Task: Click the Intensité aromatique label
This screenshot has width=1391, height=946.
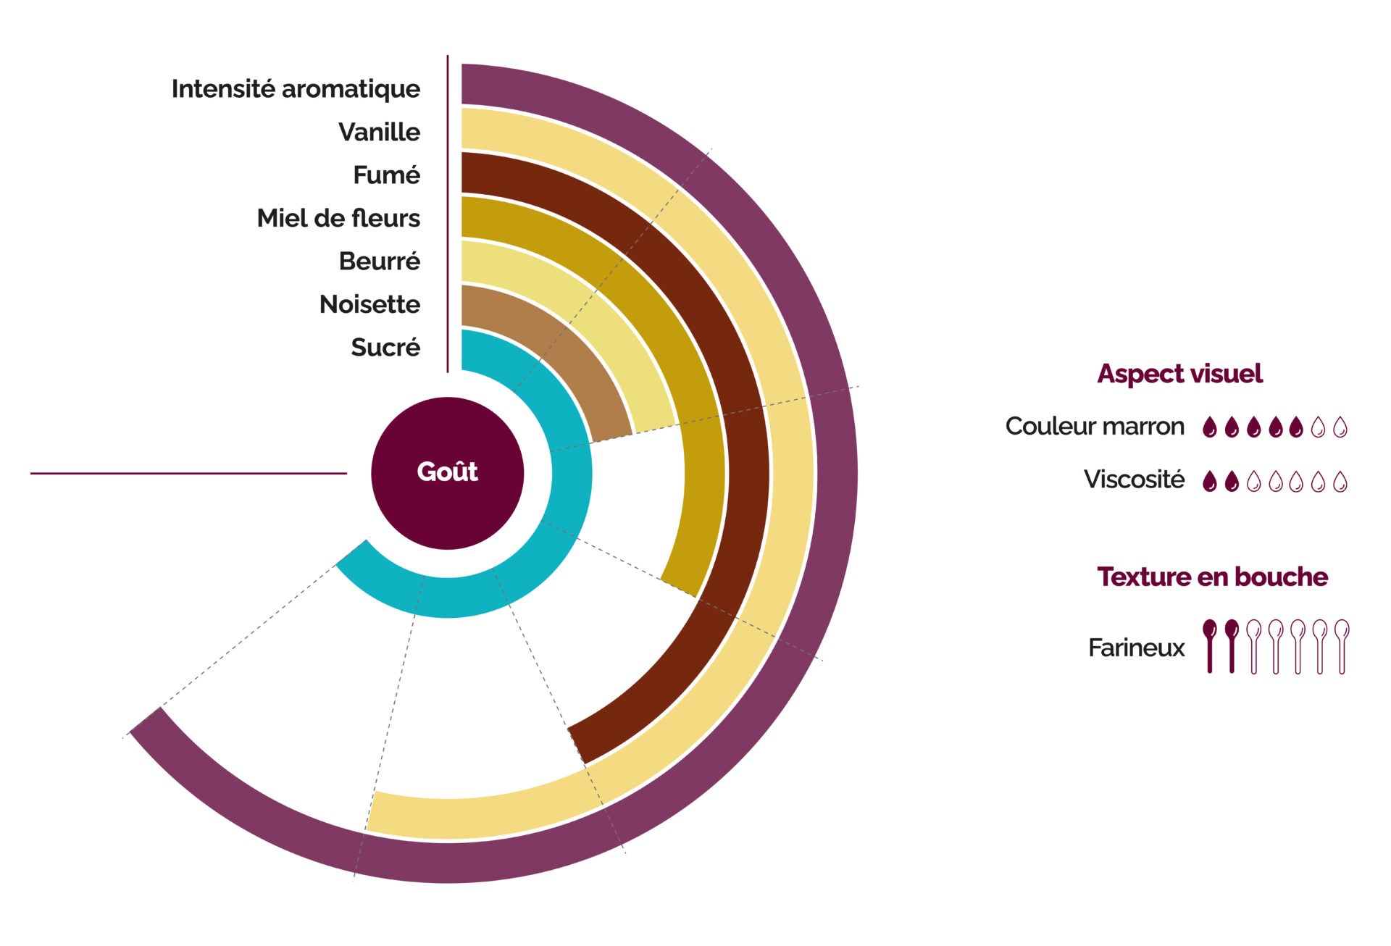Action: coord(296,89)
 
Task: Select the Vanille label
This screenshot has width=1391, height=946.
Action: coord(379,132)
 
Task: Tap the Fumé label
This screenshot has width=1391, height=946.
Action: coord(386,175)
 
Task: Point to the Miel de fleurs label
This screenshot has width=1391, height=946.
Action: coord(338,218)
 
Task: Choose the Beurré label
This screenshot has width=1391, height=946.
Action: coord(379,261)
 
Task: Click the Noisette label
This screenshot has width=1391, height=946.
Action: coord(369,304)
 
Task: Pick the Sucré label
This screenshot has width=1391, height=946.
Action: coord(385,347)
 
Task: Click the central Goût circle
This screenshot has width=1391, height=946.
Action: coord(447,472)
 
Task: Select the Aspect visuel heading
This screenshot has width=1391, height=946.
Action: coord(1179,374)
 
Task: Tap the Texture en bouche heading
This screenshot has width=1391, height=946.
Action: coord(1212,577)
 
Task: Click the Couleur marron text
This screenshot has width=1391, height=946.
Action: coord(1095,426)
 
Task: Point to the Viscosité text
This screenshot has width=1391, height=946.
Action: coord(1134,480)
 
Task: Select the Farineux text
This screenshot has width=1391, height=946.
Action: coord(1136,648)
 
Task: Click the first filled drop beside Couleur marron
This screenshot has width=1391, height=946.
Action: coord(1209,427)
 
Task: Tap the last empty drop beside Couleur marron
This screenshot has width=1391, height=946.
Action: coord(1340,427)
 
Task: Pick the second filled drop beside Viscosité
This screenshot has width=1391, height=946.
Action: coord(1232,481)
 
